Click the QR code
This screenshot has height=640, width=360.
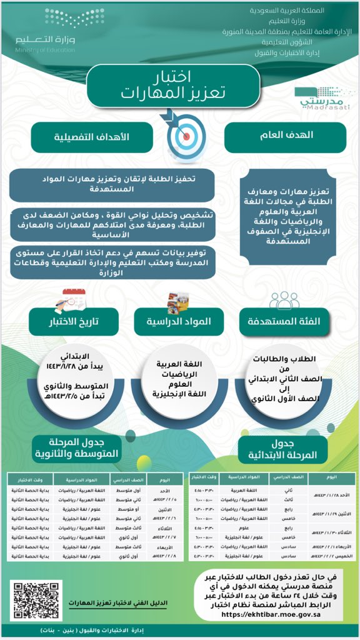(37, 601)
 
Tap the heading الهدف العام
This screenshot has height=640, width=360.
(285, 134)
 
